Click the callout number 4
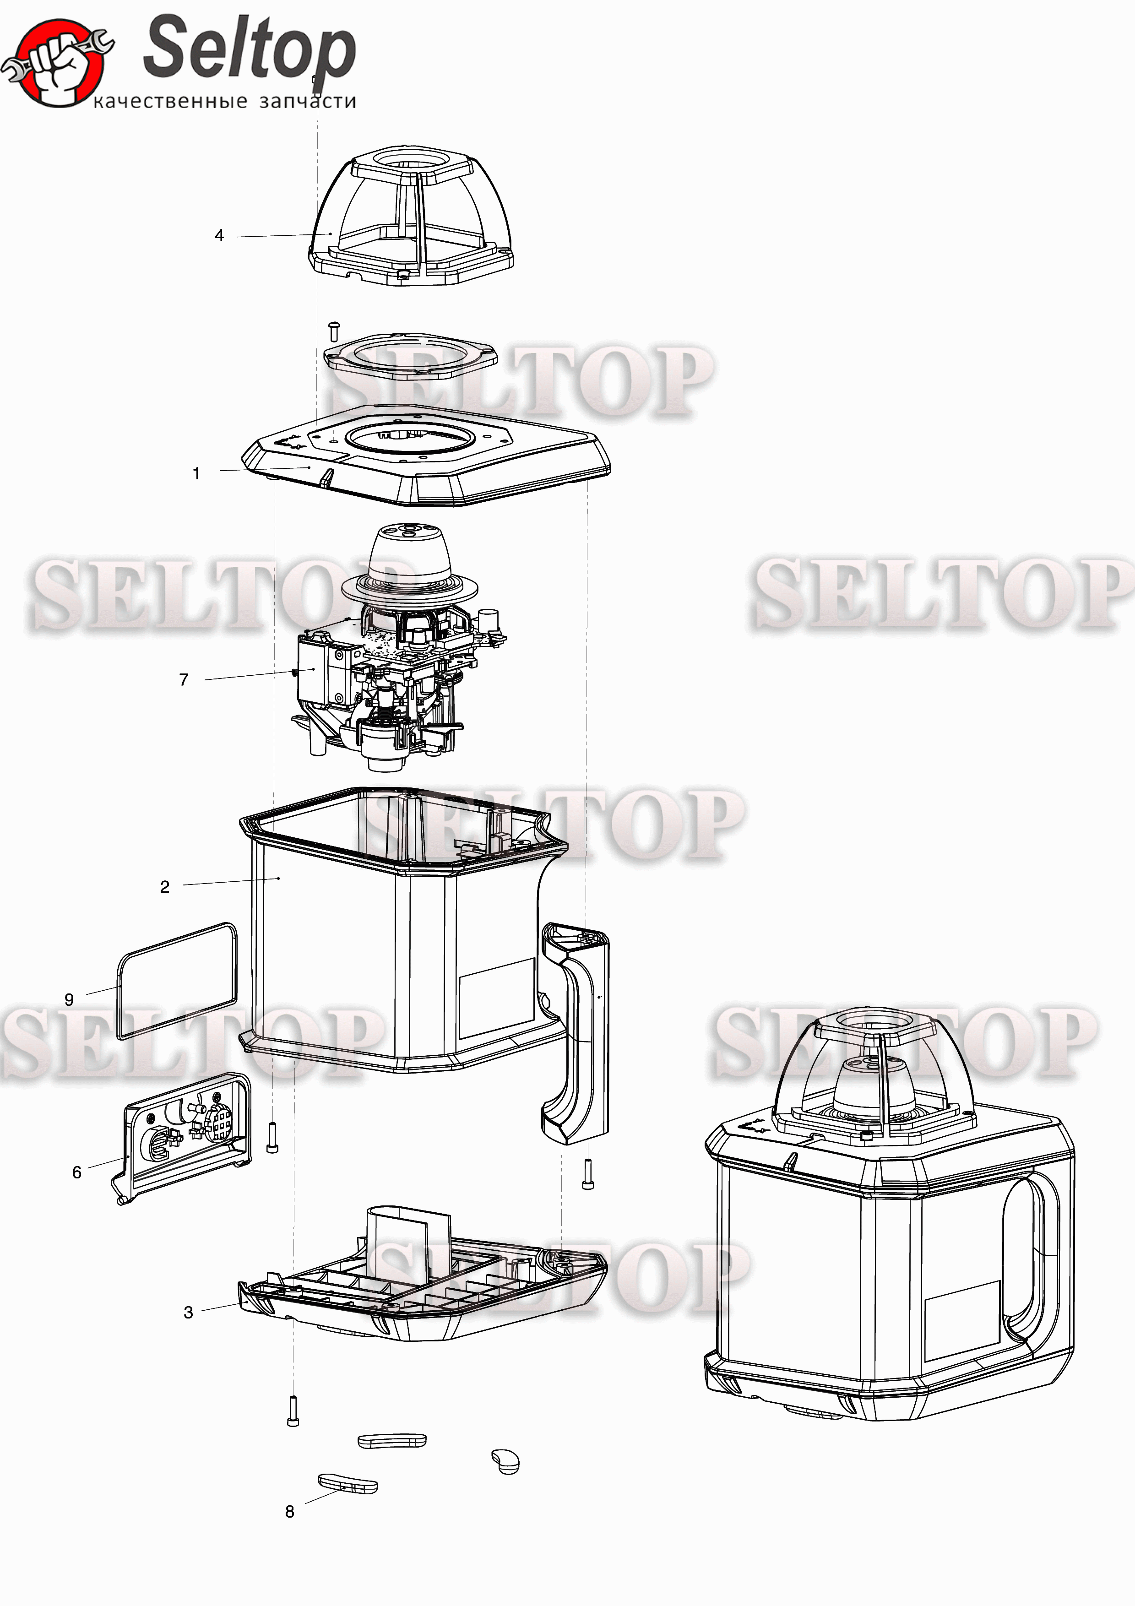pyautogui.click(x=220, y=236)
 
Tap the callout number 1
pyautogui.click(x=196, y=473)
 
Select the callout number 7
pyautogui.click(x=184, y=680)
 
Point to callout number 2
pyautogui.click(x=165, y=887)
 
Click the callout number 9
pyautogui.click(x=69, y=999)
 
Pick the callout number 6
pyautogui.click(x=77, y=1172)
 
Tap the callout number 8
pyautogui.click(x=289, y=1512)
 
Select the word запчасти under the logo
pyautogui.click(x=308, y=102)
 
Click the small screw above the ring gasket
pyautogui.click(x=334, y=331)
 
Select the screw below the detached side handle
pyautogui.click(x=587, y=1174)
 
